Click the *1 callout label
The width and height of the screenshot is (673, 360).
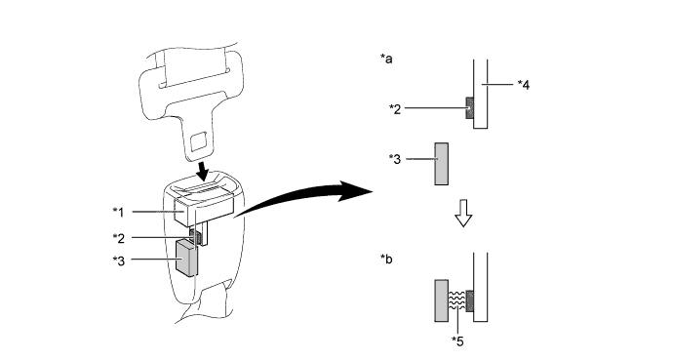118,212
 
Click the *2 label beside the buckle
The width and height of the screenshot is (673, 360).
118,238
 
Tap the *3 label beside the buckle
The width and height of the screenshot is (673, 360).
118,260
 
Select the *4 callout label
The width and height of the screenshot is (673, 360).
524,85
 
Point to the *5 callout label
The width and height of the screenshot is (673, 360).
457,341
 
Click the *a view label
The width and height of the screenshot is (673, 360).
386,59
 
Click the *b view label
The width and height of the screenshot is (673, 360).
386,260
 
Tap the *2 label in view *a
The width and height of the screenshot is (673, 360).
395,109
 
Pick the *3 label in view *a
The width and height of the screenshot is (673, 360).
395,159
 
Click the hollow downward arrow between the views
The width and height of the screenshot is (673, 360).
463,213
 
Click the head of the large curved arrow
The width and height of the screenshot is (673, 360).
357,191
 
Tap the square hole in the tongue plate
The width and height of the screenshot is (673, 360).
198,141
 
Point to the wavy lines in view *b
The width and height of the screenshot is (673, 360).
456,300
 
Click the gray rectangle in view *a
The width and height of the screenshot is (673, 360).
442,164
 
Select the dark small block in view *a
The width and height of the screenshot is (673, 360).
469,107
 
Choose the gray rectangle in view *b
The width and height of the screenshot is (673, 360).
442,300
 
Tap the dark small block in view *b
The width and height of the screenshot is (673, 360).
469,301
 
